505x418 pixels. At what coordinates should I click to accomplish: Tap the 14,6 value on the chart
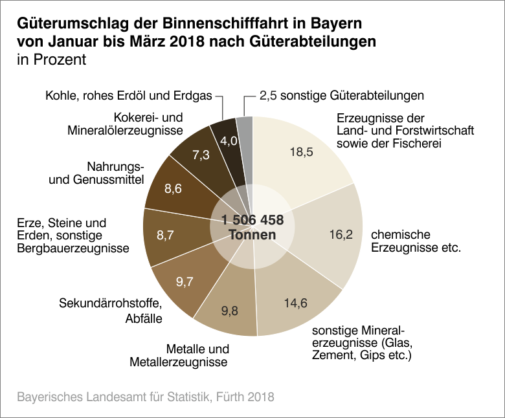[x=296, y=302]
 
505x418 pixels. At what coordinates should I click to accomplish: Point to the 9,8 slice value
[x=229, y=311]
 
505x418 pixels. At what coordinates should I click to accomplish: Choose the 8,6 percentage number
[x=174, y=190]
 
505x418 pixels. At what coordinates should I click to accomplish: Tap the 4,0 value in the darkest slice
[x=229, y=140]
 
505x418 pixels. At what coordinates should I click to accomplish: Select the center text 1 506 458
[x=252, y=220]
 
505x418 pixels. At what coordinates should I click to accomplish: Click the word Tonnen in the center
[x=252, y=236]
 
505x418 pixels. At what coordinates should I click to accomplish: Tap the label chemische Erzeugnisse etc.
[x=415, y=240]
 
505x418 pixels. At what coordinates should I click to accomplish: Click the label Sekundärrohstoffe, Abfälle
[x=110, y=310]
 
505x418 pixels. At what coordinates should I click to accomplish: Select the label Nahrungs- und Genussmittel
[x=96, y=173]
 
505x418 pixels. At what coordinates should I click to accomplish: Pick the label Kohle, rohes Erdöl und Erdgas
[x=128, y=96]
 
